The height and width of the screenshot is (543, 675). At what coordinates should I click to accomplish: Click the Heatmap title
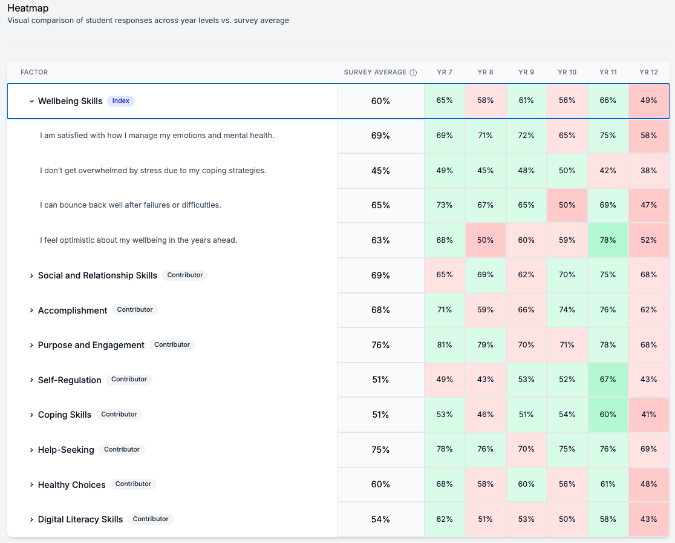(x=28, y=8)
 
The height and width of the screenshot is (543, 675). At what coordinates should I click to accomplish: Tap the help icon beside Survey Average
(x=413, y=73)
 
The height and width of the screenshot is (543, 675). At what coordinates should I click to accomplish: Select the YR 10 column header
(x=567, y=73)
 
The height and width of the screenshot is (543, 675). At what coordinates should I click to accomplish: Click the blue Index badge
(x=121, y=101)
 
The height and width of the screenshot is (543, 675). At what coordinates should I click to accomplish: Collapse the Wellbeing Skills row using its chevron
(x=31, y=102)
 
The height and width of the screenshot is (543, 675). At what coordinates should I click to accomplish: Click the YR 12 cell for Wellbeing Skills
(x=648, y=100)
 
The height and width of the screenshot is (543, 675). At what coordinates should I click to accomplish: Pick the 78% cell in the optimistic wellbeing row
(x=608, y=240)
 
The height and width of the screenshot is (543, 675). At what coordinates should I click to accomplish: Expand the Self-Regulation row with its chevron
(x=31, y=380)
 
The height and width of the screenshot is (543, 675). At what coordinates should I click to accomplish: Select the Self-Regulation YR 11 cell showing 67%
(x=608, y=380)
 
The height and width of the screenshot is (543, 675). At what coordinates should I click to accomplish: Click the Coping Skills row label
(x=64, y=415)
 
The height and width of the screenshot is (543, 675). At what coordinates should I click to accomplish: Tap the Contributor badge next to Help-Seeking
(x=122, y=450)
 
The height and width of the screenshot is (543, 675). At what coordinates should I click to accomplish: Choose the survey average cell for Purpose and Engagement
(x=380, y=345)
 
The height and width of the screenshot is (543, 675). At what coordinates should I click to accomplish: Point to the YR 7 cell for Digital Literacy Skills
(x=445, y=519)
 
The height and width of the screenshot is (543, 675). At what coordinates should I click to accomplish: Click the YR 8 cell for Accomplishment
(x=485, y=310)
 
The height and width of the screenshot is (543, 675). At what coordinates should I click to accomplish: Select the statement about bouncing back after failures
(x=131, y=205)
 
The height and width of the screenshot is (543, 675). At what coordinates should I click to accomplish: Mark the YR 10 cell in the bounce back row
(x=567, y=205)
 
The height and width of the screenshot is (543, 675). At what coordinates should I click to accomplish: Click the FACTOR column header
(x=34, y=73)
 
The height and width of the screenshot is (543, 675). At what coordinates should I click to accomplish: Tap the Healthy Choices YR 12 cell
(x=648, y=484)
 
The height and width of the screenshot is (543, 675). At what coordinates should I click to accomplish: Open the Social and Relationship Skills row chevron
(x=31, y=275)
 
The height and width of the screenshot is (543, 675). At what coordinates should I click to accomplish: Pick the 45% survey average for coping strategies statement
(x=380, y=171)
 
